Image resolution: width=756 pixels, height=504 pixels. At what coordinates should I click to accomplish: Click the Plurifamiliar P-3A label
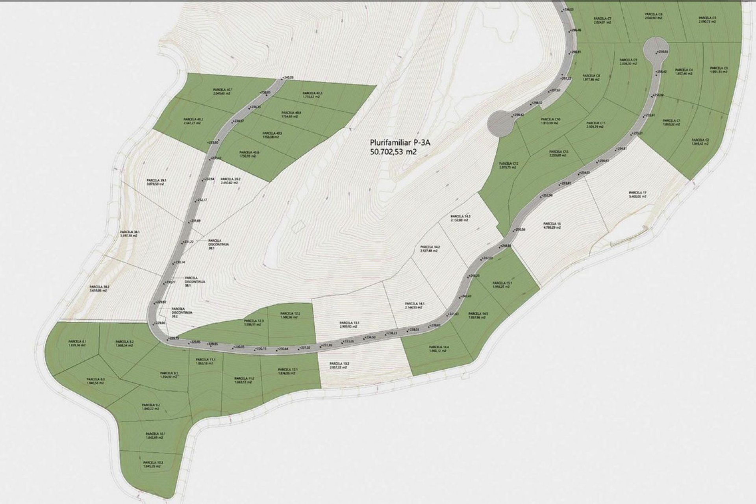[x=393, y=143]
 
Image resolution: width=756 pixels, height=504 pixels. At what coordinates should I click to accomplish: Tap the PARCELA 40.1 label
[x=222, y=89]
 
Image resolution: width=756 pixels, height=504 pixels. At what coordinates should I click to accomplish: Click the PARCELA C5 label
[x=707, y=18]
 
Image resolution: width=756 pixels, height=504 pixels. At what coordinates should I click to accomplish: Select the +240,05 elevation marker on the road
[x=288, y=78]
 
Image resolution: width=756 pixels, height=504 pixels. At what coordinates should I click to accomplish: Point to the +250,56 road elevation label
[x=520, y=229]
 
